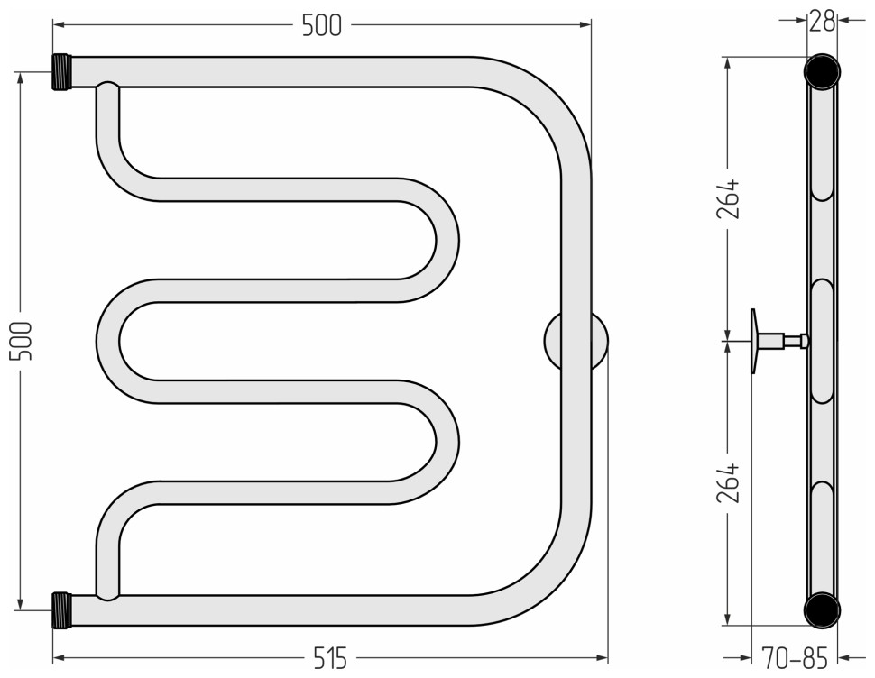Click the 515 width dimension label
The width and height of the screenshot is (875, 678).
coord(330,658)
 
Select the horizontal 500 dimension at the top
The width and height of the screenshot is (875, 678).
coord(321,25)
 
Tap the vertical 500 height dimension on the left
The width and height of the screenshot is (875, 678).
coord(22,341)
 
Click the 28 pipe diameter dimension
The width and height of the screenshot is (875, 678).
coord(822,22)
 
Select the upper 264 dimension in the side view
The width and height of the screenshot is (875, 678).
coord(728,198)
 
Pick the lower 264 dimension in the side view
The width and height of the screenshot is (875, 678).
coord(728,483)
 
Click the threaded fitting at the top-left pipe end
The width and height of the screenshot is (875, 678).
coord(62,72)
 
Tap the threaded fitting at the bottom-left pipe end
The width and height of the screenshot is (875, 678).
coord(62,610)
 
